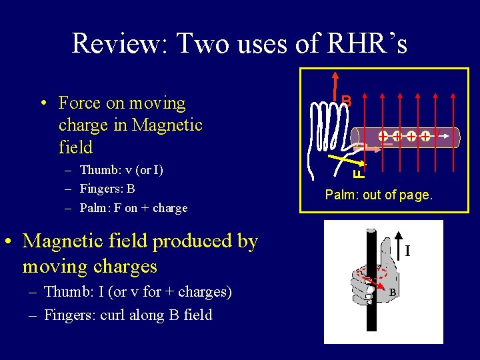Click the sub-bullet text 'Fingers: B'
click(107, 189)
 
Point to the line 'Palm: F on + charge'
click(133, 208)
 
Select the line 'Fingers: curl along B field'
click(127, 315)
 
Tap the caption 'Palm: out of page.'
click(379, 195)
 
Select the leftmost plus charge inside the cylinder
click(384, 137)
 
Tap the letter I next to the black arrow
click(408, 251)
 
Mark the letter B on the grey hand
click(393, 293)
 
